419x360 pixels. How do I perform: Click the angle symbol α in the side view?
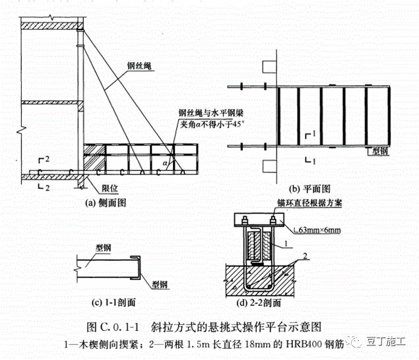pyautogui.click(x=163, y=161)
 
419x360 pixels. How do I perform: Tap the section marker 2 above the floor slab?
pyautogui.click(x=46, y=161)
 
